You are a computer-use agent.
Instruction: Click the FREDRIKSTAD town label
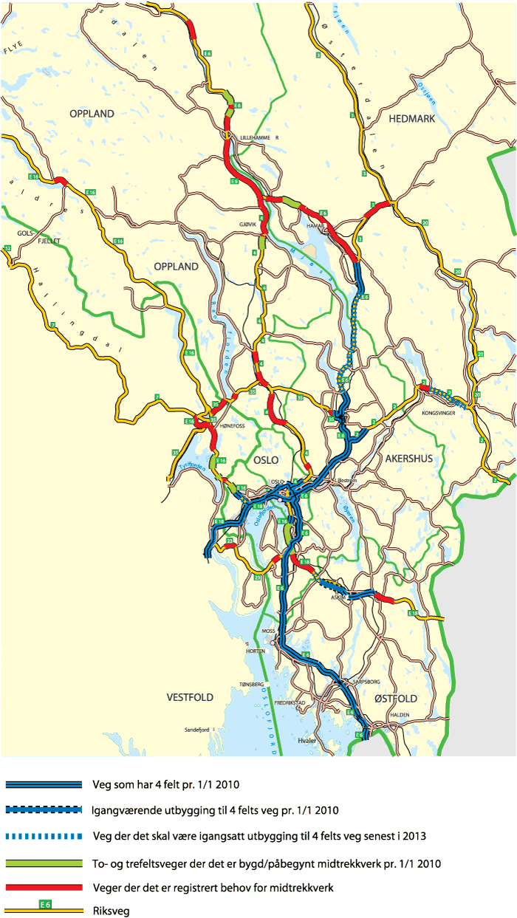[290, 702]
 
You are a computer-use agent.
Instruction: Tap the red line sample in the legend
[43, 886]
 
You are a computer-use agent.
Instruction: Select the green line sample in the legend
[43, 862]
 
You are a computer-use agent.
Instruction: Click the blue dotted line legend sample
[43, 836]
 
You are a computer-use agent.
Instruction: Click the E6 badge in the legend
[46, 904]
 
